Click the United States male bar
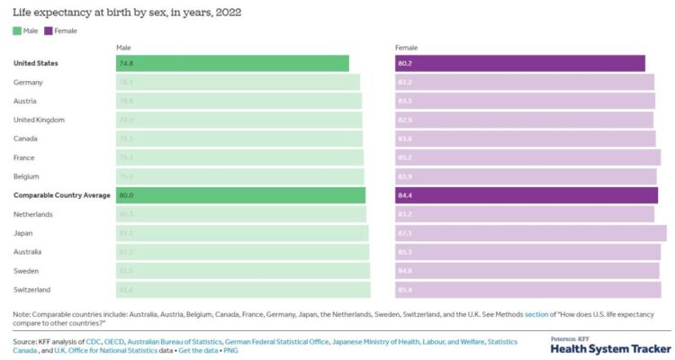[x=232, y=63]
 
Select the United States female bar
[x=520, y=63]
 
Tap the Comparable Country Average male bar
[x=241, y=195]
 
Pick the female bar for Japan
[x=531, y=233]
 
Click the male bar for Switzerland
[x=243, y=290]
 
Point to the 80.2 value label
[x=405, y=63]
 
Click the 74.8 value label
[x=125, y=63]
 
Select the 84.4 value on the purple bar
[x=405, y=195]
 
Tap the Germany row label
[x=29, y=82]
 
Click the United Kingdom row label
[x=39, y=120]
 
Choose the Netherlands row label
[x=34, y=214]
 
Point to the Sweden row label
[x=27, y=271]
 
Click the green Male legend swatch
[x=17, y=31]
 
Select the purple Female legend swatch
[x=49, y=31]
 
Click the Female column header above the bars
[x=407, y=47]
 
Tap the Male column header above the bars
[x=124, y=47]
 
